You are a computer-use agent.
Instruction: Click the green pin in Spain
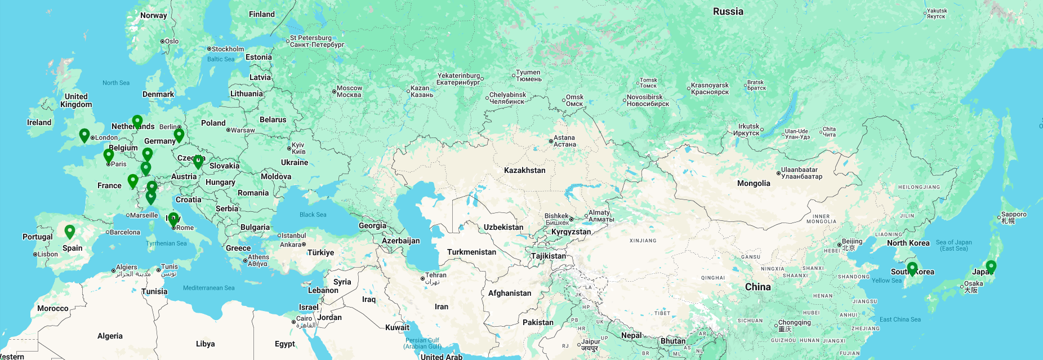70,232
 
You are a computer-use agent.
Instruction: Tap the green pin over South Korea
912,268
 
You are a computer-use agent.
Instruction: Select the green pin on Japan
991,266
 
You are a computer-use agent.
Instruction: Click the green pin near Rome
173,219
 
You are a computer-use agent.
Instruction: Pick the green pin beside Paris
109,155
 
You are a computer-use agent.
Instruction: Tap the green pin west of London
84,135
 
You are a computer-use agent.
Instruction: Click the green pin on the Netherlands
137,122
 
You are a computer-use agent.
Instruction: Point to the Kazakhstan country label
524,170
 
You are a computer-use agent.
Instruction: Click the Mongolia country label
753,183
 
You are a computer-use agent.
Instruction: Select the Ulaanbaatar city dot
778,174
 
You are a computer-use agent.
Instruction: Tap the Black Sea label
313,215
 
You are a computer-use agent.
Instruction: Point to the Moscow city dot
334,91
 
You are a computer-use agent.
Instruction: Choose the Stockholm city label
228,49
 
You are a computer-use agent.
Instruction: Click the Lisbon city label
47,254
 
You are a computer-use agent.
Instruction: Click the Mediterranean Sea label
208,288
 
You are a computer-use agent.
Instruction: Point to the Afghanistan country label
509,293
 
